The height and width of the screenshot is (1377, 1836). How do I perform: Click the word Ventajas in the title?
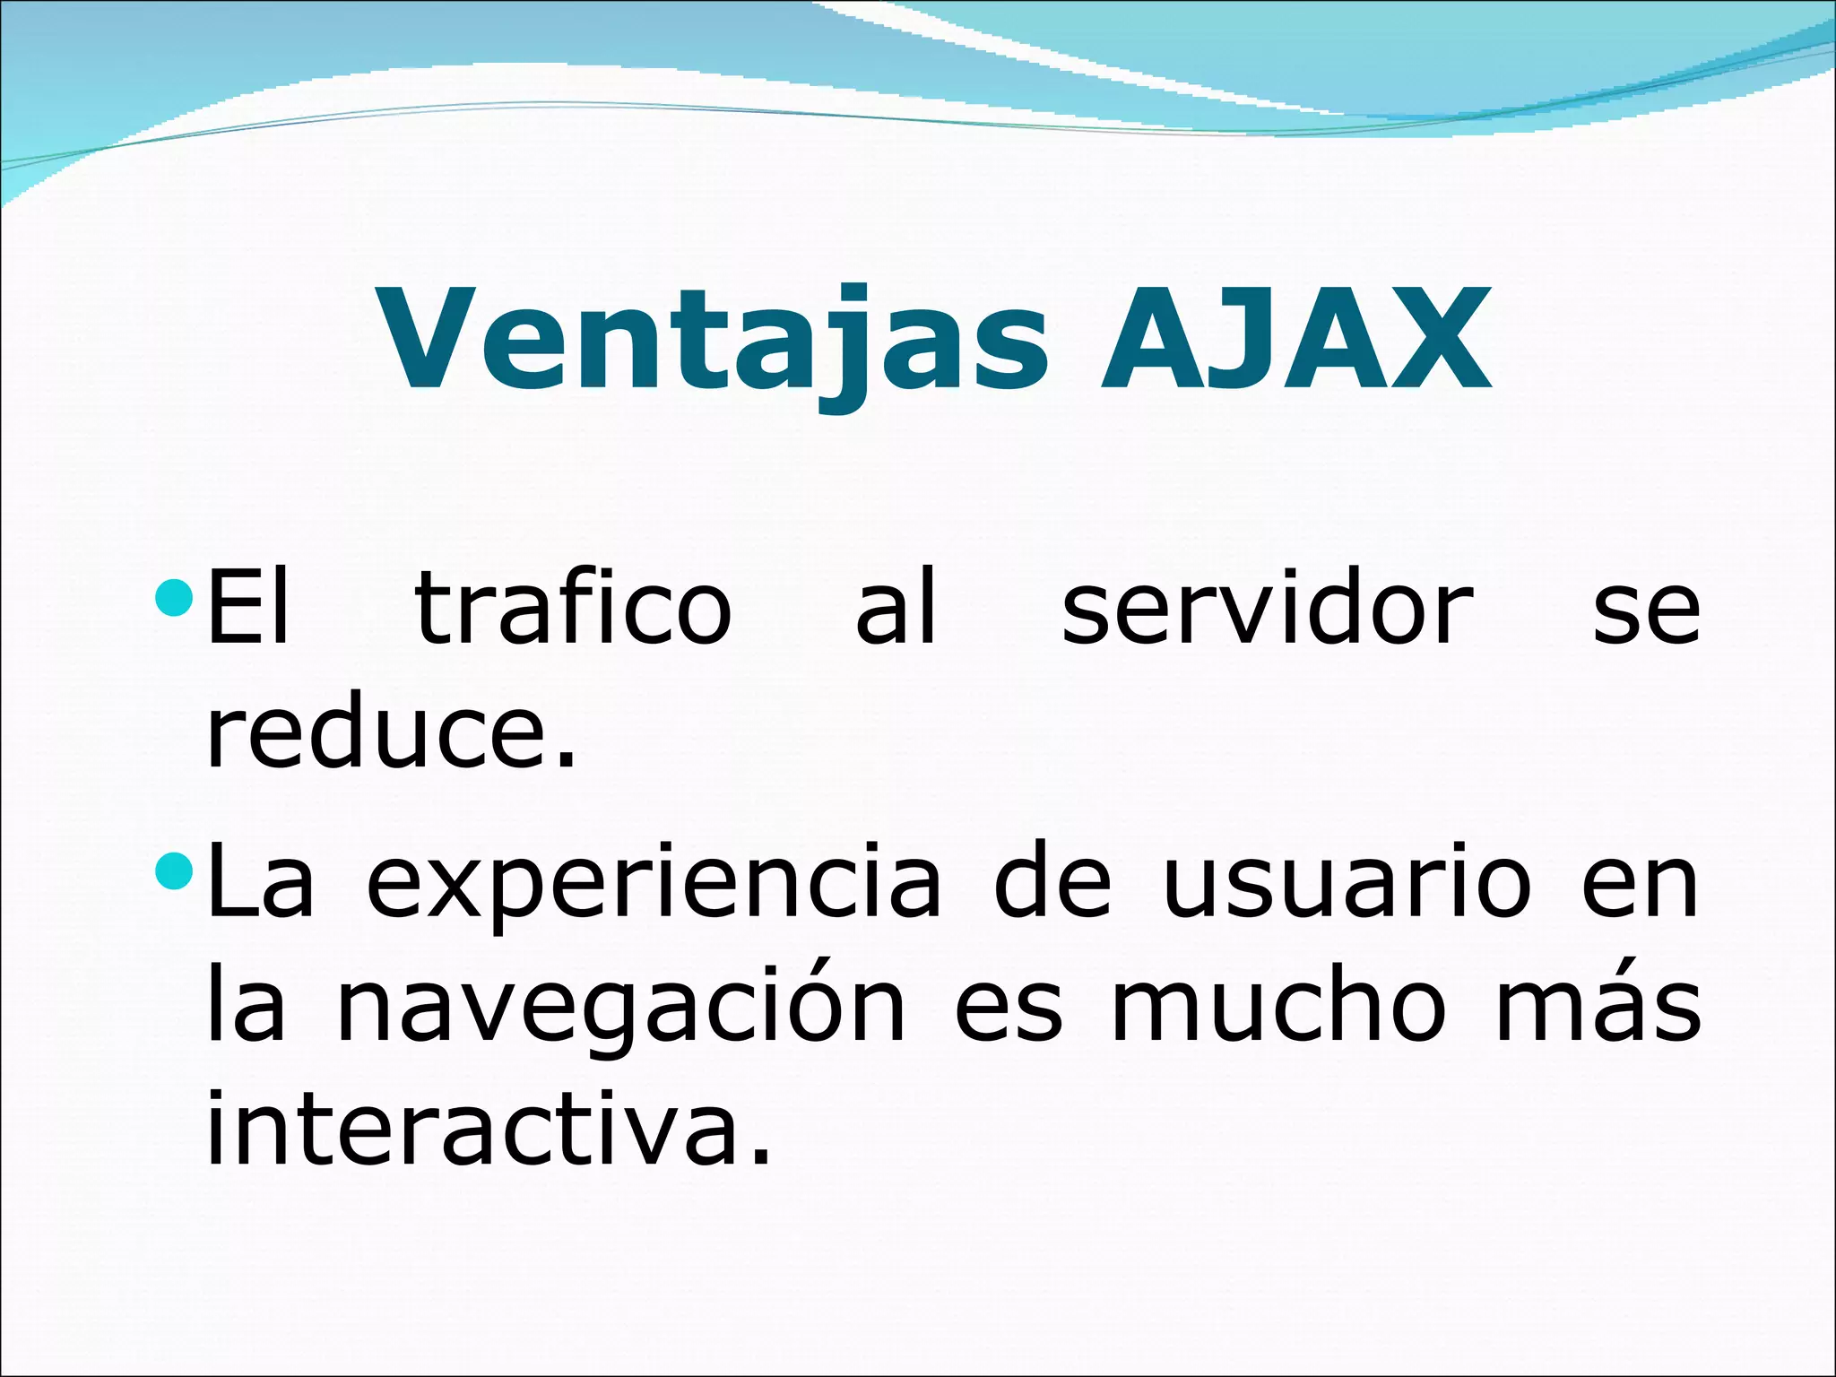click(x=713, y=341)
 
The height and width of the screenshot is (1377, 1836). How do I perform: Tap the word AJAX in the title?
click(x=1295, y=341)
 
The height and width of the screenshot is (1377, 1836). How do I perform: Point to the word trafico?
click(x=574, y=610)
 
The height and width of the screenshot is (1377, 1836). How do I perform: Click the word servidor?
click(x=1268, y=610)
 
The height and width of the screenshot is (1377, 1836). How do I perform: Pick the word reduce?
click(x=390, y=735)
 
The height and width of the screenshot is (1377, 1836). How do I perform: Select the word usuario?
click(x=1347, y=883)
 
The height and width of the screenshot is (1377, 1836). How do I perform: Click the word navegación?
click(x=620, y=1009)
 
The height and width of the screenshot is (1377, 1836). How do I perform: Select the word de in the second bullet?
click(x=1052, y=883)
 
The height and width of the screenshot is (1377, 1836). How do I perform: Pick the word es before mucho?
click(x=1008, y=1009)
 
